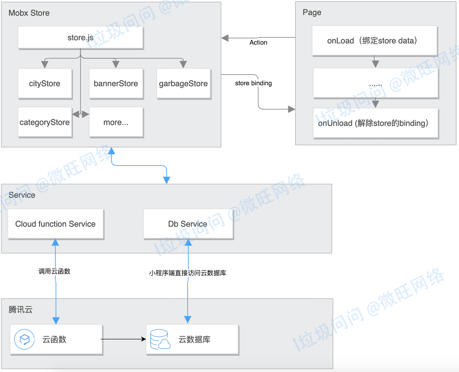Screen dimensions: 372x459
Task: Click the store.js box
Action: (x=81, y=37)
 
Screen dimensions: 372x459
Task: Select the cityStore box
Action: (x=45, y=83)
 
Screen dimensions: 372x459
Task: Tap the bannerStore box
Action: (x=116, y=83)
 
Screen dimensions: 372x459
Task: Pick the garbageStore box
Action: (x=183, y=83)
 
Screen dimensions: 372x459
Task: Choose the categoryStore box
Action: (x=45, y=122)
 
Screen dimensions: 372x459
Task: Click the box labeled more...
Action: (x=116, y=122)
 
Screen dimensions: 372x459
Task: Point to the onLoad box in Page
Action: (x=374, y=41)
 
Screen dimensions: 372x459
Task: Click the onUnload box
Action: (x=376, y=123)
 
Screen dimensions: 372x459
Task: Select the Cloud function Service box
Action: (x=56, y=224)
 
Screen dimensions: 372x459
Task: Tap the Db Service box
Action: (x=188, y=224)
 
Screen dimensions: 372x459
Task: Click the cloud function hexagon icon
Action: (x=24, y=339)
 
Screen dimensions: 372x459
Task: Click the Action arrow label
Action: (x=258, y=43)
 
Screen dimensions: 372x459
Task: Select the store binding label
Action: (x=253, y=83)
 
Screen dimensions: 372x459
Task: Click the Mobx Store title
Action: (x=29, y=13)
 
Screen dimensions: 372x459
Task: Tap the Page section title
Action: (x=312, y=12)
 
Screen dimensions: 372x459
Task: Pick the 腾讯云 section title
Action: (x=21, y=310)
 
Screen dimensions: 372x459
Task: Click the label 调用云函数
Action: (x=54, y=271)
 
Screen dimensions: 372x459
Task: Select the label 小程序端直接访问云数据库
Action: (x=188, y=273)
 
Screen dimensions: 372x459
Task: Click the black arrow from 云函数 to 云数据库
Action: (x=123, y=339)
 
